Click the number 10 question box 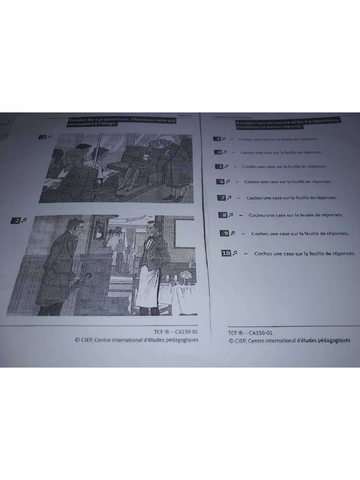[x=226, y=253]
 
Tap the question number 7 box [x=222, y=198]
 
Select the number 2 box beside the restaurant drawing [x=15, y=220]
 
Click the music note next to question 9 [x=232, y=233]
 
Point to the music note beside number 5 [x=225, y=166]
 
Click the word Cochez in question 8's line [x=257, y=215]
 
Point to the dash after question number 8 [x=240, y=215]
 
